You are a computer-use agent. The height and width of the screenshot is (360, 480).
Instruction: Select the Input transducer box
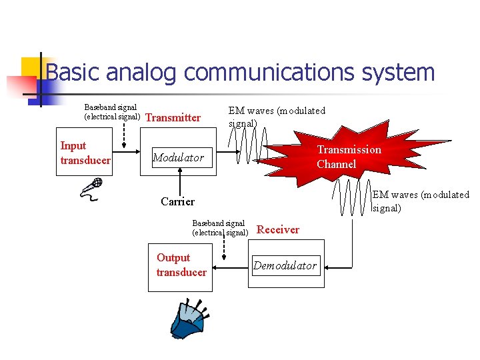[x=85, y=153]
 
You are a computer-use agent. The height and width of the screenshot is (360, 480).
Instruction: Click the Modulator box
[x=178, y=158]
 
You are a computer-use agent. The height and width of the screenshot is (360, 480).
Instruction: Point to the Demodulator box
[x=285, y=266]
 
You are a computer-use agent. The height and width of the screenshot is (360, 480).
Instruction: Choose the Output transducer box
[x=181, y=265]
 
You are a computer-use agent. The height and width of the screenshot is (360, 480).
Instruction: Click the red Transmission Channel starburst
[x=347, y=157]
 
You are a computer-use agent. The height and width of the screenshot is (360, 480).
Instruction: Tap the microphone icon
[x=91, y=187]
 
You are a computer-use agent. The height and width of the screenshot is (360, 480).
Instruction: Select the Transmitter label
[x=173, y=118]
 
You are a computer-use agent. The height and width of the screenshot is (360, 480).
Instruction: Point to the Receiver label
[x=278, y=230]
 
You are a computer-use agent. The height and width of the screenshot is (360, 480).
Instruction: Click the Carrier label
[x=177, y=201]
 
